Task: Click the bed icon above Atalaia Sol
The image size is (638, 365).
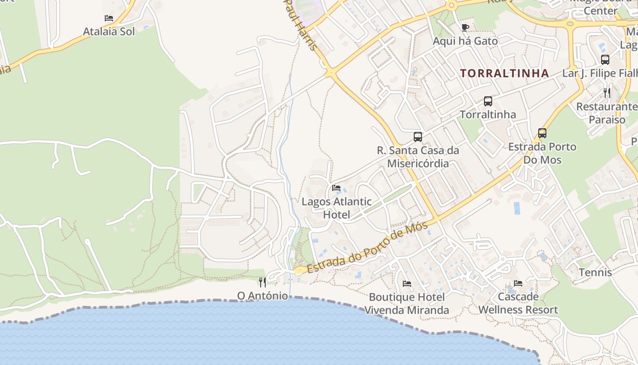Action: click(108, 18)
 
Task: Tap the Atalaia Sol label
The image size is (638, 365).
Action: click(109, 31)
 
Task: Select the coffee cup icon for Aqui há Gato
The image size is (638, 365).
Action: click(465, 27)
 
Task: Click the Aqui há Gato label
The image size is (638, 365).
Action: click(465, 41)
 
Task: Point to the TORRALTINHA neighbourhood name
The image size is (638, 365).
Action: click(504, 73)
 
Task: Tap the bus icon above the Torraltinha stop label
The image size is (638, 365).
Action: click(488, 101)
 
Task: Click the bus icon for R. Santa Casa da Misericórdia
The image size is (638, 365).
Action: click(417, 136)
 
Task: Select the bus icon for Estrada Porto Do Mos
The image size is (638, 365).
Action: click(542, 133)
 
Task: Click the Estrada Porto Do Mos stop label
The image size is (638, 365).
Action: click(542, 153)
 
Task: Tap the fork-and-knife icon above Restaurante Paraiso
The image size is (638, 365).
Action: click(607, 93)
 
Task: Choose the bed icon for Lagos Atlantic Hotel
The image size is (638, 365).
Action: click(336, 188)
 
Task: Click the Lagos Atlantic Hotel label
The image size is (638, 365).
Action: click(337, 208)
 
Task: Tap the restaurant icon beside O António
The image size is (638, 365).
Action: click(262, 282)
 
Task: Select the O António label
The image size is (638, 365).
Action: click(262, 296)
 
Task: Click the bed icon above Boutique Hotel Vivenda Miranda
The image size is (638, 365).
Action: click(406, 284)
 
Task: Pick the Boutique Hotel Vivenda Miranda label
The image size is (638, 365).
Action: click(406, 303)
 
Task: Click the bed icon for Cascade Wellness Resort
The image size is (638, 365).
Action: click(518, 283)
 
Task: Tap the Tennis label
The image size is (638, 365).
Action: click(595, 272)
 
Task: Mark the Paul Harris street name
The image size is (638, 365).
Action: click(301, 25)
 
